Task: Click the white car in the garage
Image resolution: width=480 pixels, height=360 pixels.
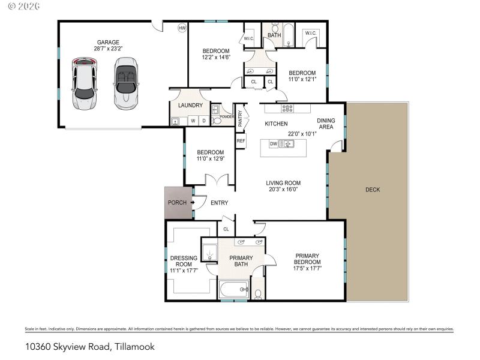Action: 84,83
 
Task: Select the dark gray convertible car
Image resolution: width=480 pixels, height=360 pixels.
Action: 126,83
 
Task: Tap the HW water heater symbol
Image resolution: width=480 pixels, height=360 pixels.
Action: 182,28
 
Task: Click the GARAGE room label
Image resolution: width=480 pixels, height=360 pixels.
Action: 108,42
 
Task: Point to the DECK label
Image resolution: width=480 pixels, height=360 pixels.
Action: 372,190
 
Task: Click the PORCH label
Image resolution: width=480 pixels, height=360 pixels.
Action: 176,203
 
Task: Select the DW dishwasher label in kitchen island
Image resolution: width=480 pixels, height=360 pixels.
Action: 273,143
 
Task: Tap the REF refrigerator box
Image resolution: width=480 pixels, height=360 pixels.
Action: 241,141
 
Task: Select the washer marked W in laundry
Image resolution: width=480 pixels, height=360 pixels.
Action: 193,121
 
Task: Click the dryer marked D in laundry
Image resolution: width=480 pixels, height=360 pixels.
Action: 203,121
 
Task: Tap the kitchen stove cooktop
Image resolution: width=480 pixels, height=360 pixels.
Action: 287,109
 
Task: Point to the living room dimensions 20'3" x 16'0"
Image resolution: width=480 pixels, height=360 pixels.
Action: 283,190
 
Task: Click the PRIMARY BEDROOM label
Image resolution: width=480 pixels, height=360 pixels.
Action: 307,259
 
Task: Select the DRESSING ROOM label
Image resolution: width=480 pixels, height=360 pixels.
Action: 184,261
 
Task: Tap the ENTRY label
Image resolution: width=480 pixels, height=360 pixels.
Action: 219,203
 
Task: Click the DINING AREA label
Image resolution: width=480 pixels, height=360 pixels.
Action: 326,124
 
